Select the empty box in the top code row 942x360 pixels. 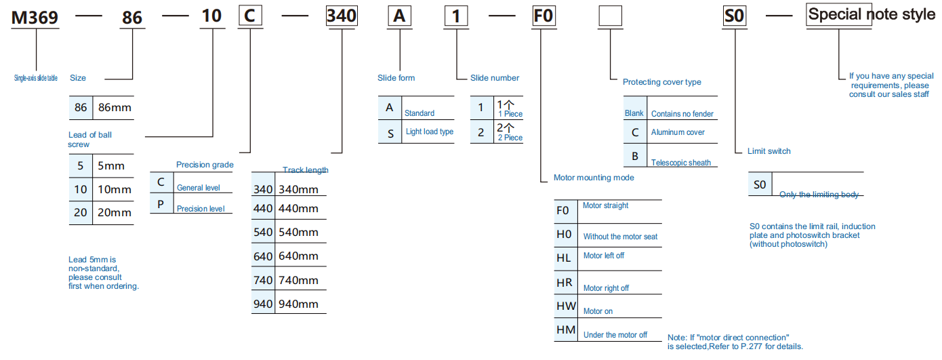tap(611, 16)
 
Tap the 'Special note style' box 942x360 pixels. tap(872, 15)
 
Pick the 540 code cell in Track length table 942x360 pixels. tap(262, 232)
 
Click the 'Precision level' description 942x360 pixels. tap(201, 209)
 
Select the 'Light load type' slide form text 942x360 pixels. tap(430, 132)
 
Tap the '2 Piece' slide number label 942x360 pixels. tap(510, 138)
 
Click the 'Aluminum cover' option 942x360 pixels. tap(678, 132)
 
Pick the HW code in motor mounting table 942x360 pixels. tap(566, 306)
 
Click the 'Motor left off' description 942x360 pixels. tap(604, 256)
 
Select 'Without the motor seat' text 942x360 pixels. tap(620, 237)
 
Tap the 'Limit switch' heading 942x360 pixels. tap(769, 151)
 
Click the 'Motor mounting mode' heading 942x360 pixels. tap(594, 178)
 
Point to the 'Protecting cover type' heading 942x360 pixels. tap(661, 82)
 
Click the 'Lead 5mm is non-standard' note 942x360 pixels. tap(103, 273)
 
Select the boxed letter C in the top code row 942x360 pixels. tap(249, 16)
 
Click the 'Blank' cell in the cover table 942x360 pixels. tap(634, 114)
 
